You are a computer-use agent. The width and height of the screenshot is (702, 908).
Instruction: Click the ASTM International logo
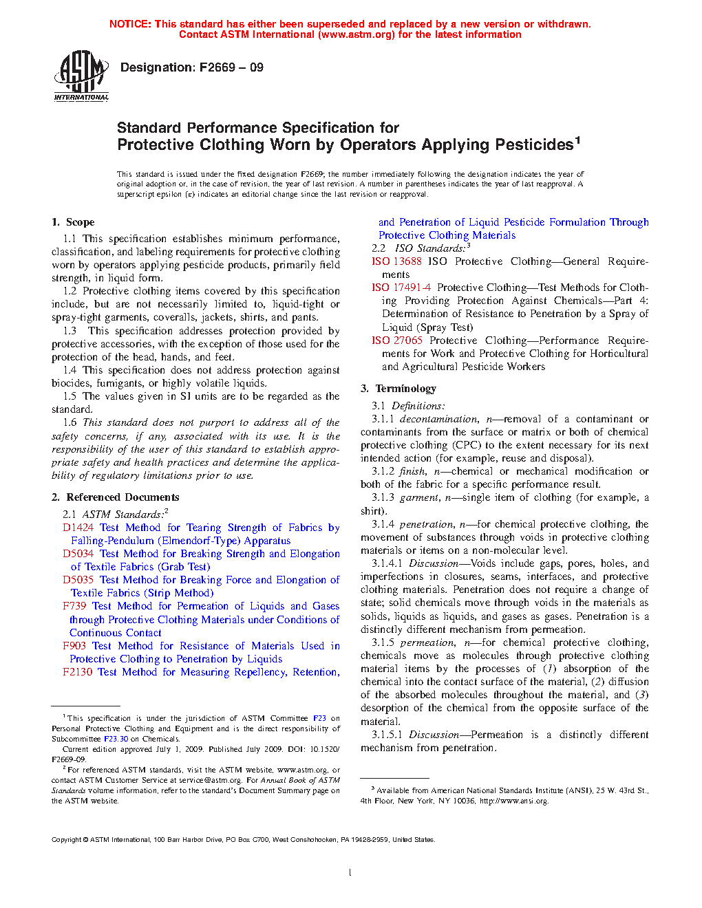point(81,76)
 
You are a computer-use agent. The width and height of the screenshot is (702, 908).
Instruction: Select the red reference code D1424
point(78,528)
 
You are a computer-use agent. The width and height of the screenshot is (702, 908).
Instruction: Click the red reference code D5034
point(78,554)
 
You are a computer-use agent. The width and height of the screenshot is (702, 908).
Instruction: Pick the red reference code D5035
point(78,580)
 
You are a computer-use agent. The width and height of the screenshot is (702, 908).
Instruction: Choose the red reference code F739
point(74,606)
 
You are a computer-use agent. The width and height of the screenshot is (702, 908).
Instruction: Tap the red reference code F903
point(74,646)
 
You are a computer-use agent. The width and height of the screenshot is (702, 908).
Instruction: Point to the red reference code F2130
point(77,672)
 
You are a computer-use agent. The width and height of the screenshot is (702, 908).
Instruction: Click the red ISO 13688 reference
point(396,261)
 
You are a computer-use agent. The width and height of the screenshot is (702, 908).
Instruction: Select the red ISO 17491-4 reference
point(401,288)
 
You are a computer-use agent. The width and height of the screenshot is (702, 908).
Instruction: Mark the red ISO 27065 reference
point(397,340)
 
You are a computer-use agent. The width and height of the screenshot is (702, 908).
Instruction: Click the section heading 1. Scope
point(73,222)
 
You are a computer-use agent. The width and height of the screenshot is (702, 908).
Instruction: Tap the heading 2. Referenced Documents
point(115,497)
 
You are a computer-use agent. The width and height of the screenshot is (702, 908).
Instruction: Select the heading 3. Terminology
point(398,389)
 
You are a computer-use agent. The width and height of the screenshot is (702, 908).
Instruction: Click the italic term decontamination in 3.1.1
point(438,419)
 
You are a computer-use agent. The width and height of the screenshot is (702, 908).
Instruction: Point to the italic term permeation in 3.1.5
point(427,642)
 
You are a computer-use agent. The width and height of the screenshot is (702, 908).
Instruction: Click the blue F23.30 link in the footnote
point(116,739)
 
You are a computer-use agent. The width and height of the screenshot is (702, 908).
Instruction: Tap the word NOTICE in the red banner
point(130,24)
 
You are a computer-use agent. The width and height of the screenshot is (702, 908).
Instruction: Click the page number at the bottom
point(350,873)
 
